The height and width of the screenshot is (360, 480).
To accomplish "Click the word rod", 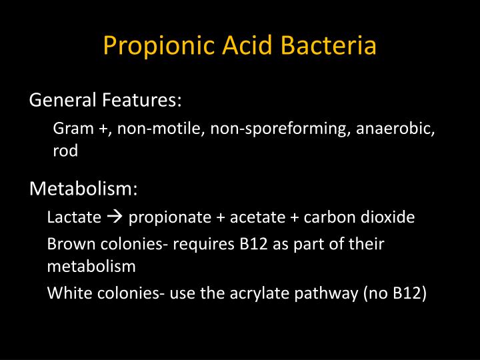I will tap(65, 151).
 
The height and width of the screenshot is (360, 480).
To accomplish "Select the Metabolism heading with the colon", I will tap(84, 189).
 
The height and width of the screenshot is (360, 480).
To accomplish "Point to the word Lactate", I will tap(74, 217).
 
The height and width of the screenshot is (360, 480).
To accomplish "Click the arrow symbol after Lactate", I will tap(115, 217).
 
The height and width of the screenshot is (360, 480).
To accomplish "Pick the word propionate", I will tap(164, 218).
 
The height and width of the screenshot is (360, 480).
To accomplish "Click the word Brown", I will tap(68, 244).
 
